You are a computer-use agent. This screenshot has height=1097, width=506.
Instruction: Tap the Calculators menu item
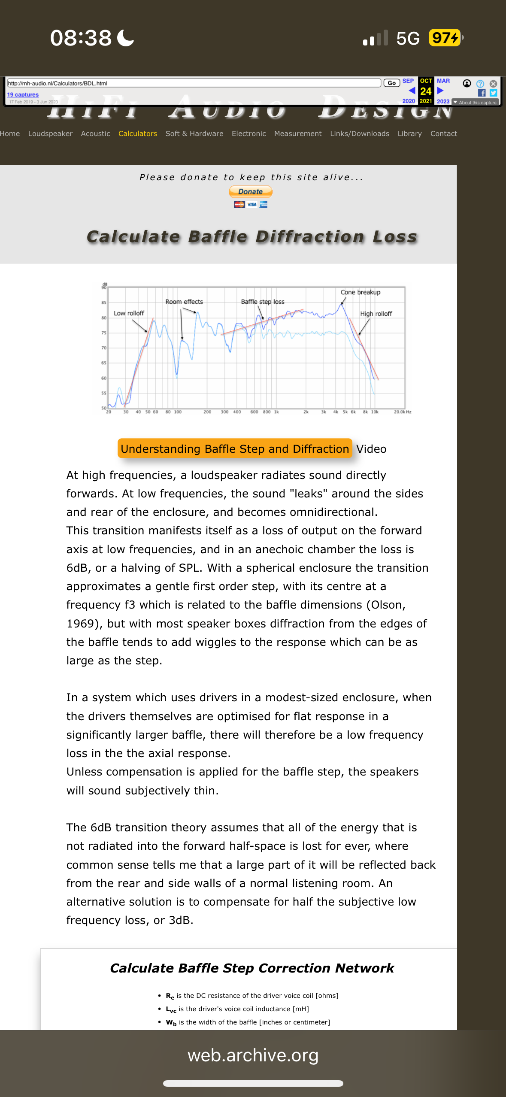coord(137,133)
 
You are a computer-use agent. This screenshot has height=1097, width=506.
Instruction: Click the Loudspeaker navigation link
coord(50,133)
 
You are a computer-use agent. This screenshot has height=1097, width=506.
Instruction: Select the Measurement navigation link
coord(298,133)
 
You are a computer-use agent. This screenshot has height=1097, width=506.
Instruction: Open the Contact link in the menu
coord(443,133)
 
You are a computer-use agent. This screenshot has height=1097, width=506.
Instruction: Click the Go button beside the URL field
coord(391,83)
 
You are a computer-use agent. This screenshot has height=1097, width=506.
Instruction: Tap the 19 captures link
coord(23,94)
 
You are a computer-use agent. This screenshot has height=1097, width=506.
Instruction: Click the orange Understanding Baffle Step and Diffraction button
coord(235,448)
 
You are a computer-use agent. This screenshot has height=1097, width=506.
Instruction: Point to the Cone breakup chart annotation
coord(360,292)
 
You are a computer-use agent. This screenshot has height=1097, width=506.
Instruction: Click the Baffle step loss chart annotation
coord(263,302)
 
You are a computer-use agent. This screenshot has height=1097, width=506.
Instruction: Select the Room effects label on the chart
coord(184,302)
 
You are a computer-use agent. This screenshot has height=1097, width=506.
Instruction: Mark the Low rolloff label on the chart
coord(129,313)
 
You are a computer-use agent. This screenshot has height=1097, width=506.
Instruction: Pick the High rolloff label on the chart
coord(376,314)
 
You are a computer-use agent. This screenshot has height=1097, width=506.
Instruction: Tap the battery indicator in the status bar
coord(445,38)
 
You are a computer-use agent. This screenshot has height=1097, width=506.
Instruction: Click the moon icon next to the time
coord(125,38)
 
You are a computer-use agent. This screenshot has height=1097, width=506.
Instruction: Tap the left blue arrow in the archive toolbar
coord(412,91)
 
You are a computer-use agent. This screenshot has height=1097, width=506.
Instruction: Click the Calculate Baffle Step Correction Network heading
coord(252,968)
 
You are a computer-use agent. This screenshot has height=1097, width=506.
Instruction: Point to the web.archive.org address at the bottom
coord(253,1055)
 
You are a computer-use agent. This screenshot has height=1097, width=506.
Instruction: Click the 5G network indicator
coord(408,38)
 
